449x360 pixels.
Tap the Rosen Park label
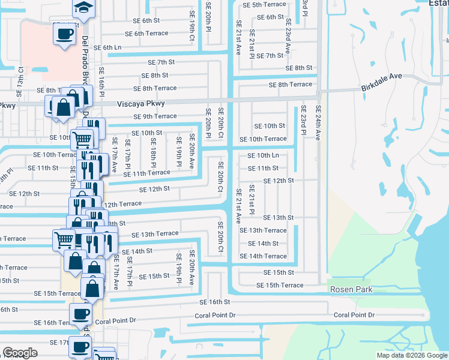(x=351, y=289)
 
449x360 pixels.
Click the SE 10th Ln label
(x=264, y=155)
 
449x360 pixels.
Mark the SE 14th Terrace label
(x=263, y=256)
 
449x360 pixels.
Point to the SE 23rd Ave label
(x=288, y=40)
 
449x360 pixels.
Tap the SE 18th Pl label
(x=153, y=152)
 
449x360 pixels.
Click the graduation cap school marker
(x=83, y=7)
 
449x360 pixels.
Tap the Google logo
(x=20, y=353)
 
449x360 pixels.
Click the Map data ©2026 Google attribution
(x=411, y=355)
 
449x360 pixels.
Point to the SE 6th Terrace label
(x=139, y=34)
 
